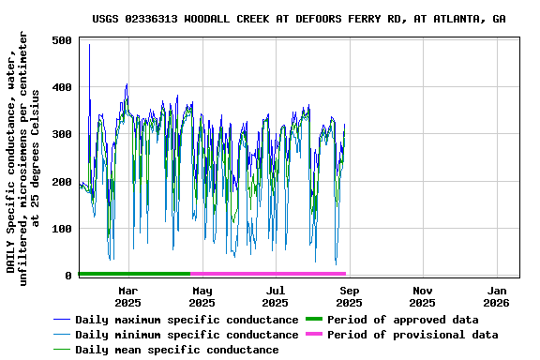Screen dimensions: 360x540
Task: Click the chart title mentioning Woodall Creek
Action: click(312, 19)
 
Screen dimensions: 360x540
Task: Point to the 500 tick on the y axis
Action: click(63, 40)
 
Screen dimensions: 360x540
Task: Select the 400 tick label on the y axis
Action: click(63, 87)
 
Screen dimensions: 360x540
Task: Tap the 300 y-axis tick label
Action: click(63, 134)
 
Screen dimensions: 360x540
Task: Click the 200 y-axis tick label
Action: click(63, 181)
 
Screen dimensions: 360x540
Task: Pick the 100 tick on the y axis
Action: click(63, 228)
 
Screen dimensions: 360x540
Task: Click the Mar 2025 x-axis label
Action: click(128, 296)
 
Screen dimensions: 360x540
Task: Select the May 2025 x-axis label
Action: click(202, 296)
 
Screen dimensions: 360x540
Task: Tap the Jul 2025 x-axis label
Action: click(275, 296)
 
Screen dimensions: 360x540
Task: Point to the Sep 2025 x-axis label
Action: click(349, 296)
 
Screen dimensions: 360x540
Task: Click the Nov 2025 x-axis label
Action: click(422, 296)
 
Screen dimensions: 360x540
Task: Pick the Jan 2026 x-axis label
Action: click(496, 296)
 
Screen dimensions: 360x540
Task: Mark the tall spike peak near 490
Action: click(90, 45)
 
